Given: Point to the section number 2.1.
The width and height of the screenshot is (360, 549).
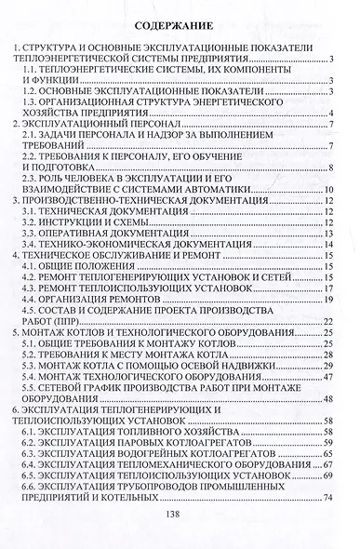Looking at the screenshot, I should tap(33, 136).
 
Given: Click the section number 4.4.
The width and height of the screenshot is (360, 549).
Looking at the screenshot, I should tap(33, 301).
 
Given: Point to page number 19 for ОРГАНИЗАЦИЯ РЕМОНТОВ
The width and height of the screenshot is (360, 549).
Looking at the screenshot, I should tap(327, 301).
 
